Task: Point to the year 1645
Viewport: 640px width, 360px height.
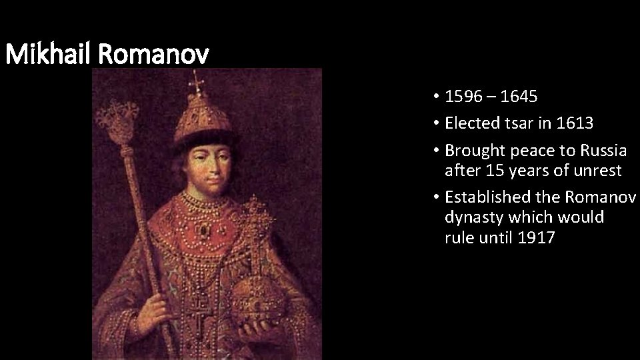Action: tap(518, 97)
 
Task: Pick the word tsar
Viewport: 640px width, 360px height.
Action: tap(521, 123)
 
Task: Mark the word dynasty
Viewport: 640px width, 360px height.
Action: tap(471, 217)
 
